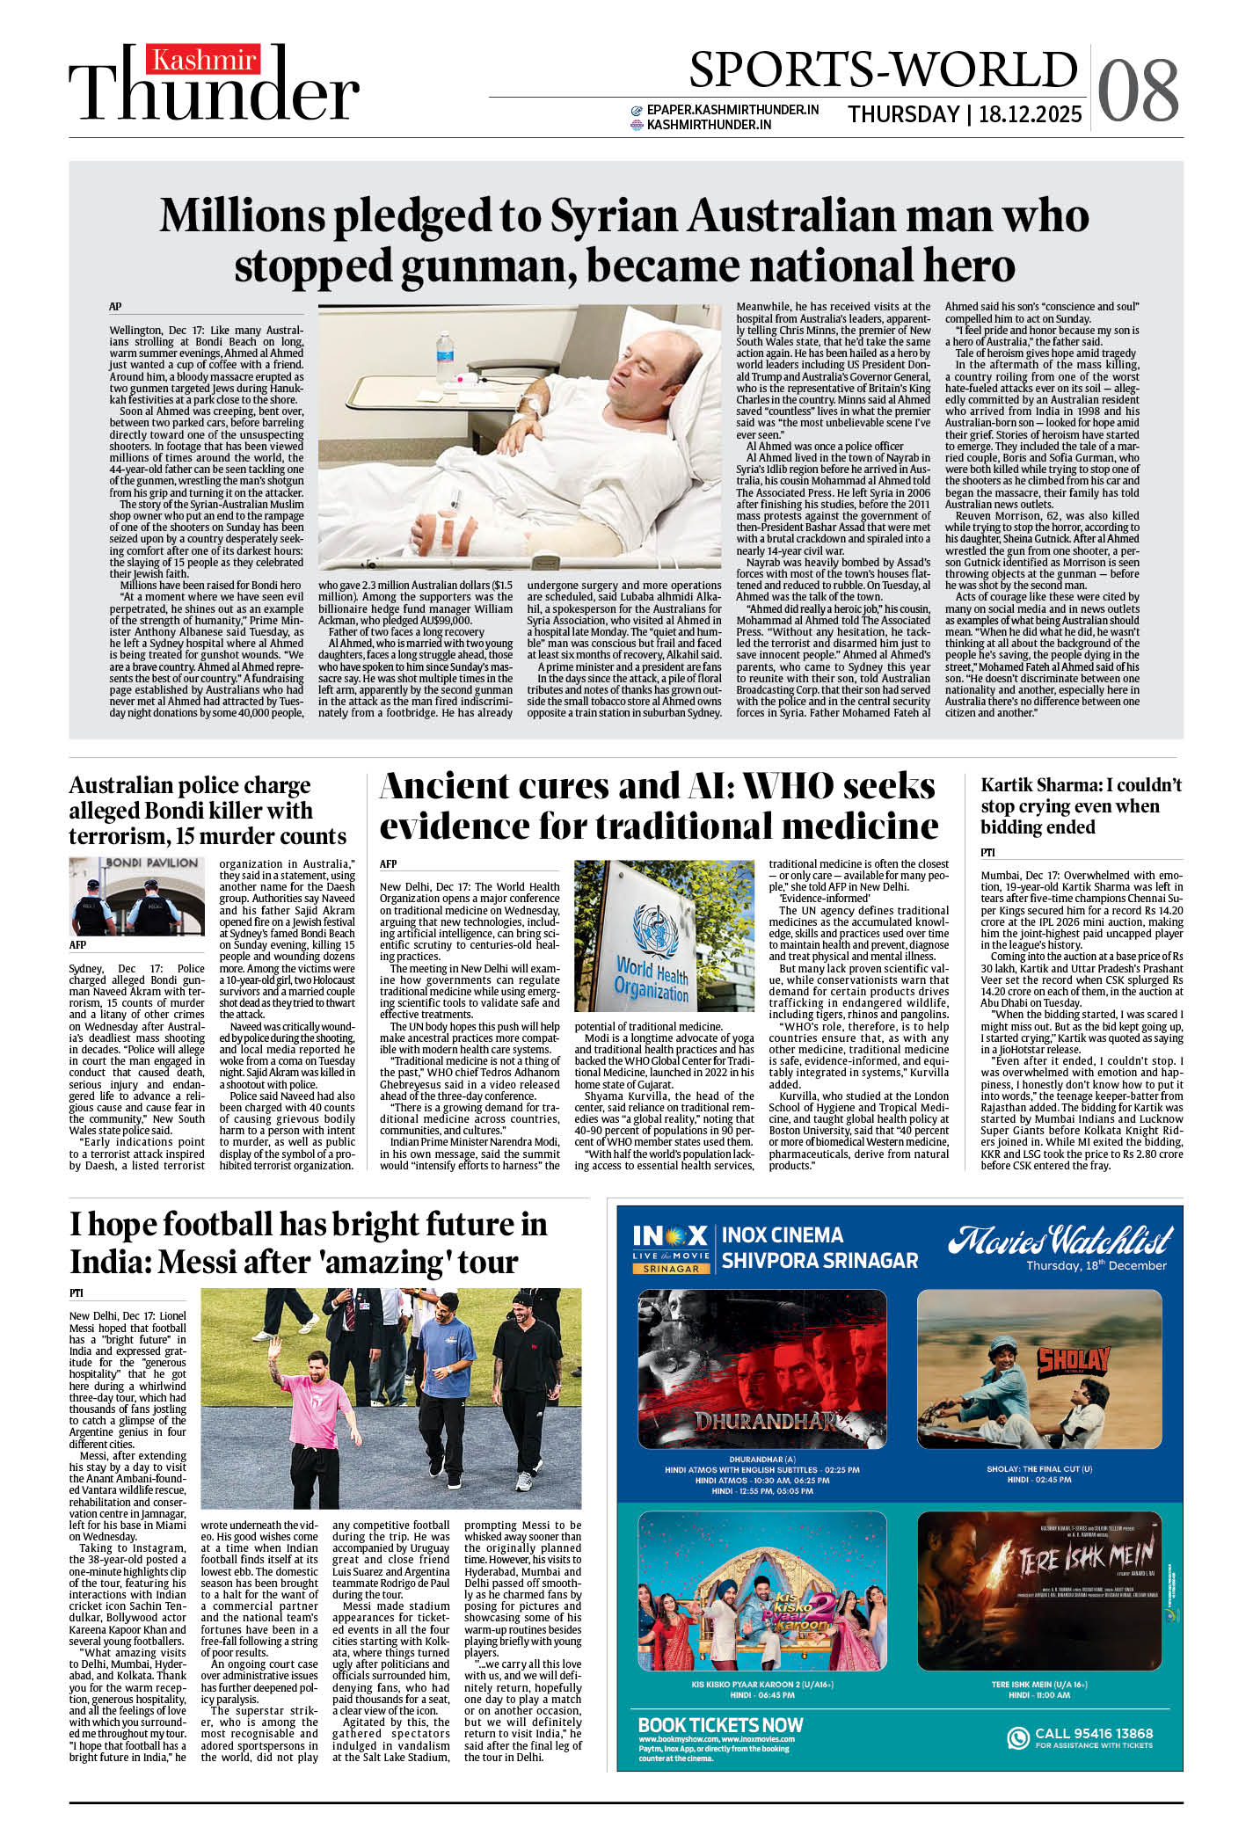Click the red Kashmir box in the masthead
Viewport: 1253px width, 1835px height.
coord(204,60)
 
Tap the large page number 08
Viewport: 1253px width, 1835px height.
coord(1138,90)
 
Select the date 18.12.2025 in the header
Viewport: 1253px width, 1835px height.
coord(1030,115)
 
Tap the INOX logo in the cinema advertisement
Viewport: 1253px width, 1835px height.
coord(670,1236)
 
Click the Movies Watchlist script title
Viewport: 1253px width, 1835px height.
coord(1060,1241)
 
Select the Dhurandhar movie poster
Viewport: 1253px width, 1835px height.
coord(761,1369)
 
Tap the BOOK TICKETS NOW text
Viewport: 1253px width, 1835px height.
coord(720,1725)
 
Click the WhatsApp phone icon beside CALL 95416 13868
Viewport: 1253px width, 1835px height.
coord(1017,1737)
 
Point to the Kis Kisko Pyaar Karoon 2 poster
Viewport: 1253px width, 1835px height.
coord(761,1591)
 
